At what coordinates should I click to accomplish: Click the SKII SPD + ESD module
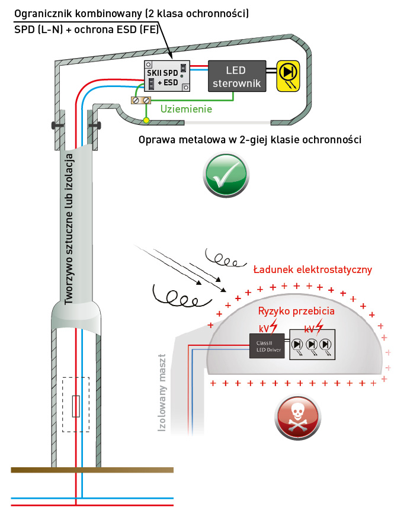167,77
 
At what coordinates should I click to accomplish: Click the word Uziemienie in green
186,110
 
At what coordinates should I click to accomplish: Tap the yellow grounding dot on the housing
145,121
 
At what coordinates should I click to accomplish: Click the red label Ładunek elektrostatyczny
312,269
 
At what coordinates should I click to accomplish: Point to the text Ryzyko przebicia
296,311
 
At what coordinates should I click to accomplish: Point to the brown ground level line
92,470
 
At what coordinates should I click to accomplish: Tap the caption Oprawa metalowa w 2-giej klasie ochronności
249,140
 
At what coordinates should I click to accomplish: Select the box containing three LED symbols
312,345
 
